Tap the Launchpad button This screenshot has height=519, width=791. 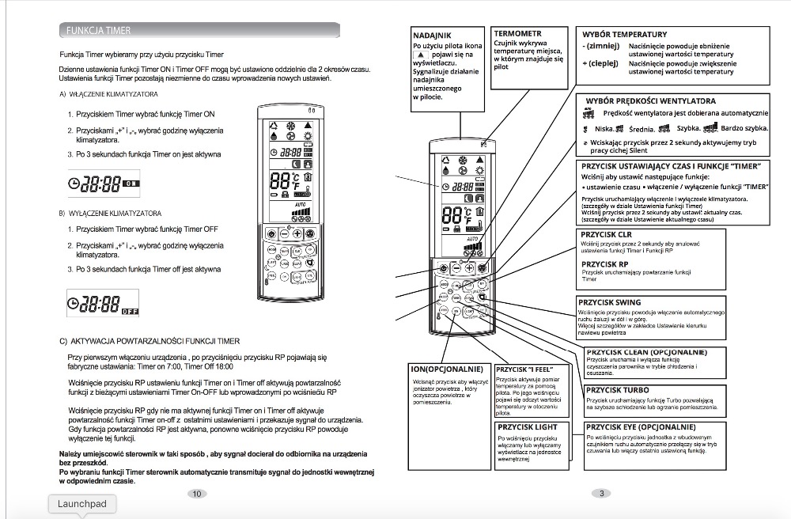pyautogui.click(x=81, y=504)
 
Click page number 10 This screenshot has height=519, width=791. pyautogui.click(x=196, y=494)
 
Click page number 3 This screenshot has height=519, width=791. pyautogui.click(x=601, y=494)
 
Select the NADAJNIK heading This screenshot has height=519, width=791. pyautogui.click(x=433, y=35)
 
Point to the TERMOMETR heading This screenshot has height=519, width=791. pyautogui.click(x=518, y=34)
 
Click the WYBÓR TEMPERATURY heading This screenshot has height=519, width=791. pyautogui.click(x=625, y=35)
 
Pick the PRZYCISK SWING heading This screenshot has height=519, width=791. pyautogui.click(x=610, y=302)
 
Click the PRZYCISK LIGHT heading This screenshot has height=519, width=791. pyautogui.click(x=527, y=426)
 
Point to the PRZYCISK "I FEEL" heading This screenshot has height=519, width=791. pyautogui.click(x=524, y=369)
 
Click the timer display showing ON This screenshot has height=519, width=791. pyautogui.click(x=103, y=182)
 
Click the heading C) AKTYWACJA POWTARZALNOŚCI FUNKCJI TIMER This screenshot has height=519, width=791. pyautogui.click(x=149, y=341)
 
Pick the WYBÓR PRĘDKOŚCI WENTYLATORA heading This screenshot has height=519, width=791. pyautogui.click(x=651, y=101)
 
